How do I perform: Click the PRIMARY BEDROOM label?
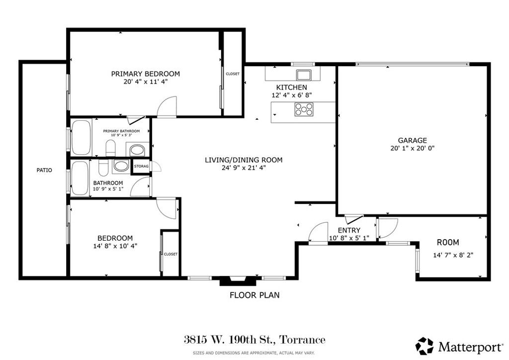pyautogui.click(x=145, y=74)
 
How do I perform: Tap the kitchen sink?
pyautogui.click(x=303, y=75)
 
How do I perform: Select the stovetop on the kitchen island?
pyautogui.click(x=304, y=109)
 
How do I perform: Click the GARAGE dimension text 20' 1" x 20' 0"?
pyautogui.click(x=413, y=148)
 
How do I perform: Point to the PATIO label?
pyautogui.click(x=44, y=170)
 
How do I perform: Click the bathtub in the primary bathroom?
pyautogui.click(x=82, y=137)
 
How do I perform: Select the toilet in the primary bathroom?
pyautogui.click(x=110, y=147)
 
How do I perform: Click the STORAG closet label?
pyautogui.click(x=141, y=166)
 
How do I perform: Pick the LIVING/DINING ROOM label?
pyautogui.click(x=244, y=160)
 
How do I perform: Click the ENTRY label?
pyautogui.click(x=349, y=230)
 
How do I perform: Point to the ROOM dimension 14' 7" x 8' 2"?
pyautogui.click(x=453, y=255)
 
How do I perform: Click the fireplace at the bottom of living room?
pyautogui.click(x=238, y=281)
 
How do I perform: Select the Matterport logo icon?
pyautogui.click(x=424, y=345)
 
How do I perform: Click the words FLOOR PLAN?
pyautogui.click(x=254, y=295)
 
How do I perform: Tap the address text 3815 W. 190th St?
pyautogui.click(x=254, y=340)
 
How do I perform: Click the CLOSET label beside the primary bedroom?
pyautogui.click(x=233, y=74)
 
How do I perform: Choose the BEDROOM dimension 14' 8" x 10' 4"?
pyautogui.click(x=115, y=246)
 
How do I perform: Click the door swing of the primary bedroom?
pyautogui.click(x=168, y=107)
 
